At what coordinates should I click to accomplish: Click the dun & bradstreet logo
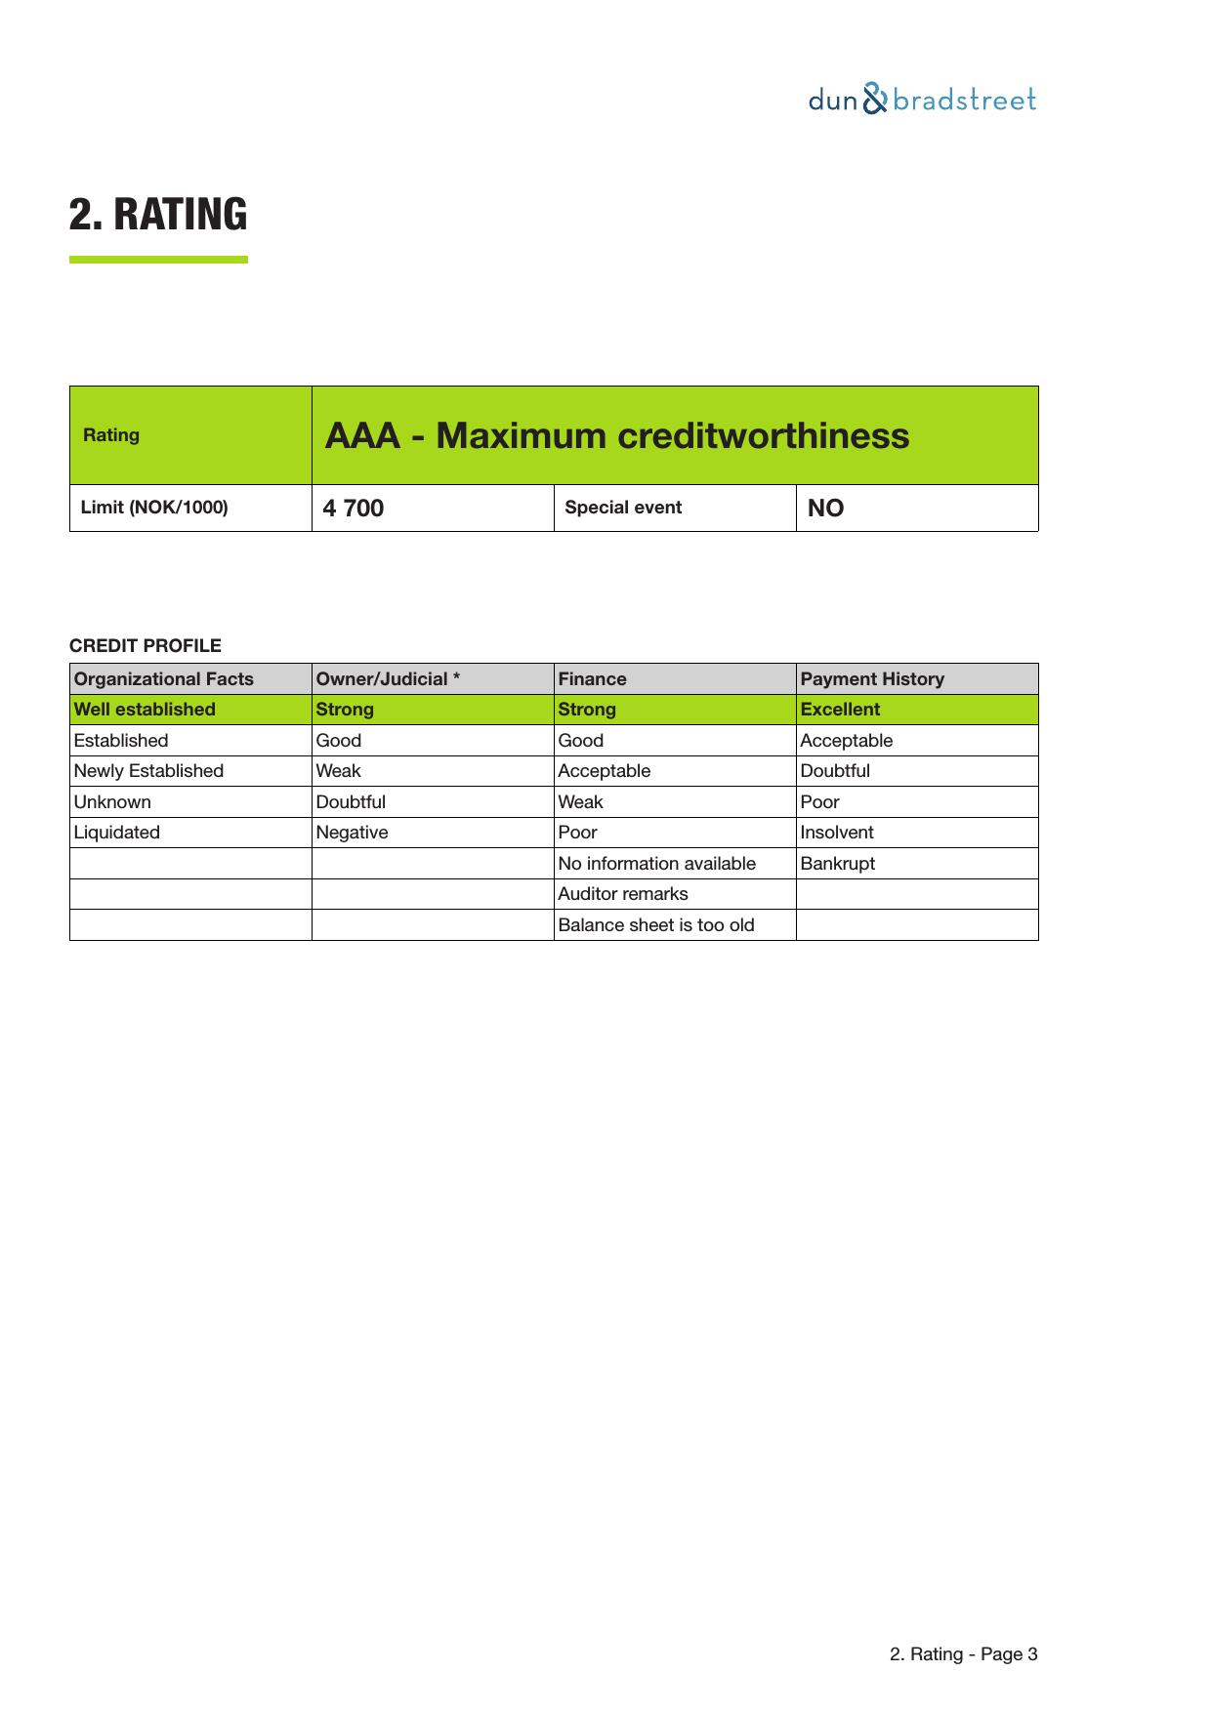point(922,100)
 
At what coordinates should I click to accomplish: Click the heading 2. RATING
point(158,214)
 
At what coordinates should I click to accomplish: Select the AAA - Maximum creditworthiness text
point(616,435)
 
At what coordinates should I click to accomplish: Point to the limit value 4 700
point(354,509)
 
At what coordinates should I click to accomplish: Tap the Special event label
point(623,508)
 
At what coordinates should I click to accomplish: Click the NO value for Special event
point(825,509)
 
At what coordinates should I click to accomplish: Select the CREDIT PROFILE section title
point(146,646)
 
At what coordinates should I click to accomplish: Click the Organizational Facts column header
point(164,679)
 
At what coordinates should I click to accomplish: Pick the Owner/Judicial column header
point(388,679)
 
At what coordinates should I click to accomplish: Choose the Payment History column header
point(872,679)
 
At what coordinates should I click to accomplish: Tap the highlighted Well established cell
point(145,710)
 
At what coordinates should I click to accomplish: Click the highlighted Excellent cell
point(840,710)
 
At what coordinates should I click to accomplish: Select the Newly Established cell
point(148,771)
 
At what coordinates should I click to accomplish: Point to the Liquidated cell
point(117,833)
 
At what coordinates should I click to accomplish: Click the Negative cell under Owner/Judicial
point(352,833)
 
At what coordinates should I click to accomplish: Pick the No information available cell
point(656,864)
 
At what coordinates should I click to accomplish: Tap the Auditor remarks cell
point(623,894)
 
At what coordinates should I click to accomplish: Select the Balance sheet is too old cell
point(656,925)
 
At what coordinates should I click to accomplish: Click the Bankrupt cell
point(838,864)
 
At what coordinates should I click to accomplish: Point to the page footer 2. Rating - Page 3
point(963,1654)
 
